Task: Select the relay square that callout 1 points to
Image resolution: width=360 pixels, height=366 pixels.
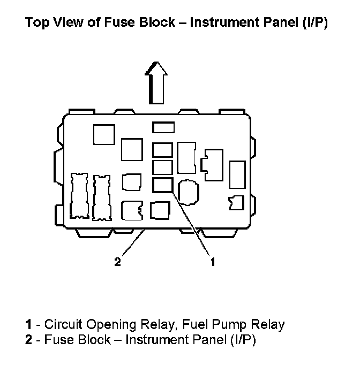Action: pyautogui.click(x=162, y=185)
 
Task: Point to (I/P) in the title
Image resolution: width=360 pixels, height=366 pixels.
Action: pyautogui.click(x=312, y=24)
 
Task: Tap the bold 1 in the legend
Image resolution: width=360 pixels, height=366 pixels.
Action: pyautogui.click(x=27, y=324)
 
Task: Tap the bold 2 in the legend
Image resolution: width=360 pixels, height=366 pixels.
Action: pyautogui.click(x=27, y=340)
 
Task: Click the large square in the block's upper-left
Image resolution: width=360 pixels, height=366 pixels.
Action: pyautogui.click(x=104, y=134)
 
